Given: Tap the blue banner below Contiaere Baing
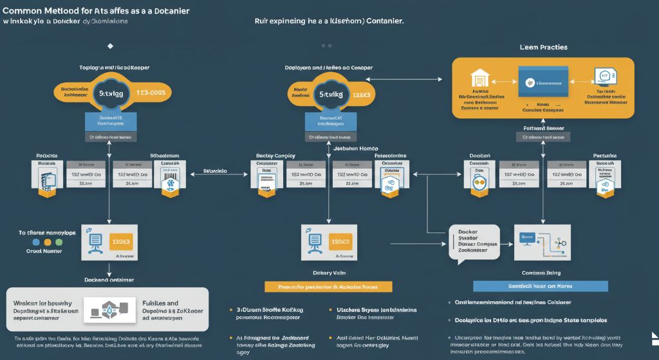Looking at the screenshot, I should click(x=540, y=286).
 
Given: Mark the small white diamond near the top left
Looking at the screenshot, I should click(x=110, y=46).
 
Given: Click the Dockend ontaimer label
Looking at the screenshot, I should click(x=109, y=279).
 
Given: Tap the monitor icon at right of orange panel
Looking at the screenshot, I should click(x=604, y=77).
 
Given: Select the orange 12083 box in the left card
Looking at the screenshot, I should click(x=122, y=242).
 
